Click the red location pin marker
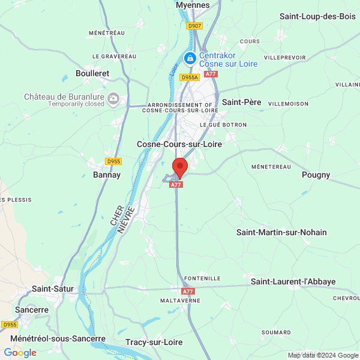pos(179,166)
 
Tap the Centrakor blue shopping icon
pos(190,58)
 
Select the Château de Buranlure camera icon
pos(113,99)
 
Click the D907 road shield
pos(194,26)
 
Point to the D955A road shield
pos(190,77)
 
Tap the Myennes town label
pos(193,5)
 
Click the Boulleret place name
pos(92,73)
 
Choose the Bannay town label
pos(107,175)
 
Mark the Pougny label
pos(316,175)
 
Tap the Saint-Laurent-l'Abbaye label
pos(293,281)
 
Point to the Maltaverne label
pos(179,300)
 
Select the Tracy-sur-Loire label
pos(154,342)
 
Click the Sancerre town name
pos(32,310)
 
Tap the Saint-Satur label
pos(53,289)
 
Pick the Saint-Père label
pos(242,103)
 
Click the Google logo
pos(20,353)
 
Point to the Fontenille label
pos(202,278)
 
